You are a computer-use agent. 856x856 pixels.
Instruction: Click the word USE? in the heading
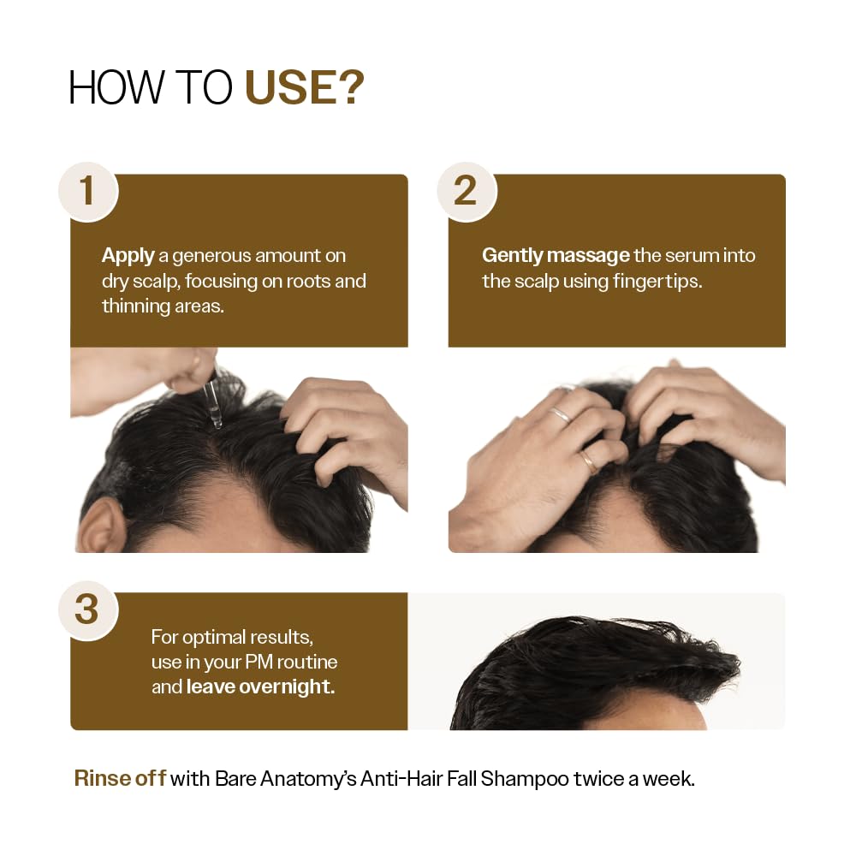pyautogui.click(x=305, y=88)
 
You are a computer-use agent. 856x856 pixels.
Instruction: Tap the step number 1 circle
pyautogui.click(x=87, y=190)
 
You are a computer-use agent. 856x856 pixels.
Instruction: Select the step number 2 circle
pyautogui.click(x=465, y=190)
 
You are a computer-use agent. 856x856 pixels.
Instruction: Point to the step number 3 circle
pyautogui.click(x=87, y=609)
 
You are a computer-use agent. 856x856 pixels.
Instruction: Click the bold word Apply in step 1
pyautogui.click(x=128, y=255)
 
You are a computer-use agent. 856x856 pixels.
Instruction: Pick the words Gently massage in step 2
pyautogui.click(x=556, y=255)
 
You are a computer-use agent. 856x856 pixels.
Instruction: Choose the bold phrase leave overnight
pyautogui.click(x=260, y=687)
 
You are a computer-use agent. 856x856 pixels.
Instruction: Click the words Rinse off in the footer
pyautogui.click(x=119, y=779)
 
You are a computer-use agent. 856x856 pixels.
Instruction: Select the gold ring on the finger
pyautogui.click(x=590, y=461)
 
